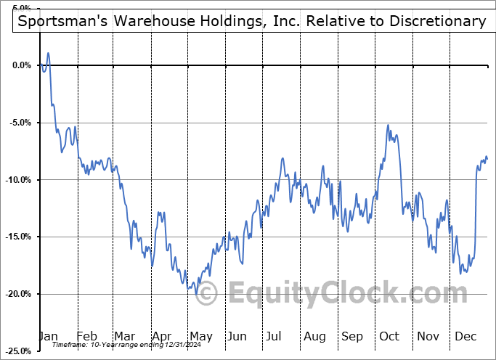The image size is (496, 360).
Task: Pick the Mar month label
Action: coord(124,336)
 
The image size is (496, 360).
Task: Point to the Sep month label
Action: coord(351,336)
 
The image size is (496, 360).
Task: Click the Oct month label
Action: coord(389,336)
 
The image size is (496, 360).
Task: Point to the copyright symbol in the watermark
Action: coord(207,294)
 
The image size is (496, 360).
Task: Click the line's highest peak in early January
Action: coord(48,53)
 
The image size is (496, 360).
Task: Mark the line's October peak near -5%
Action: coord(389,126)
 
